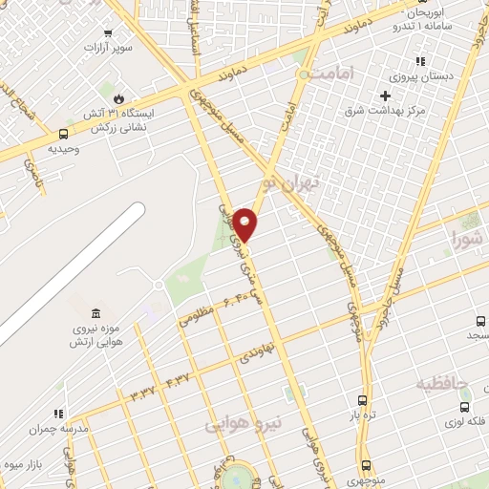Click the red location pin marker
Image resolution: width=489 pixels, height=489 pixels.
(244, 223)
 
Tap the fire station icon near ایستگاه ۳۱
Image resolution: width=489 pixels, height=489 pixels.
(117, 98)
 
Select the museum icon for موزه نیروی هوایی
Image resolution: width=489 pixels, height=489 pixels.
(95, 314)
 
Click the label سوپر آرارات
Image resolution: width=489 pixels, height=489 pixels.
(108, 46)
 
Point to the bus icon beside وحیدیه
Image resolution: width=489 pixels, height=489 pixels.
(64, 135)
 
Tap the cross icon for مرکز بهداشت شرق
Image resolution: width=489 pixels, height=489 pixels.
(385, 96)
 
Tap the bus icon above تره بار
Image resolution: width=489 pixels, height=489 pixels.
(362, 401)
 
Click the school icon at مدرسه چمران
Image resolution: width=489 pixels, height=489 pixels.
(58, 415)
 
